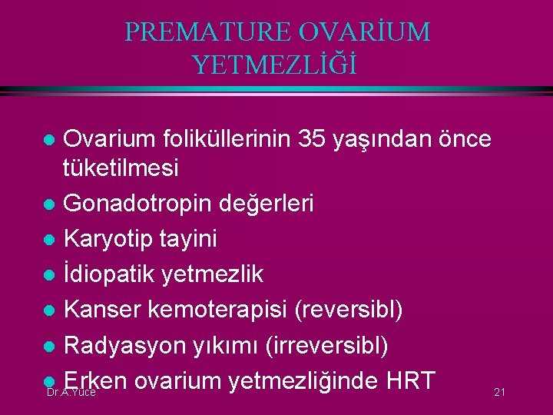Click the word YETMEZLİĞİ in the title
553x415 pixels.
pyautogui.click(x=276, y=65)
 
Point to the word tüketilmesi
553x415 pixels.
pyautogui.click(x=121, y=168)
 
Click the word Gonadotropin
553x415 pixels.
pyautogui.click(x=135, y=204)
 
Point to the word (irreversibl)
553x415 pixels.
pyautogui.click(x=329, y=345)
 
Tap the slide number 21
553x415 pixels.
pyautogui.click(x=499, y=393)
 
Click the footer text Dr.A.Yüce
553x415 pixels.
pyautogui.click(x=71, y=393)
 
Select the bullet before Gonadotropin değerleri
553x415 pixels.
pyautogui.click(x=49, y=204)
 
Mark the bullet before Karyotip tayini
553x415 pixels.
pyautogui.click(x=49, y=240)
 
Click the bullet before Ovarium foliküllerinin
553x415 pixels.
pyautogui.click(x=49, y=141)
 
